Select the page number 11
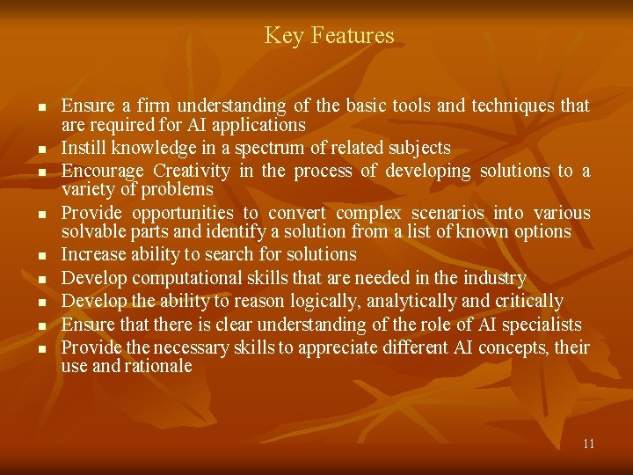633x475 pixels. tap(588, 443)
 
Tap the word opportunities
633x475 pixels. tap(183, 213)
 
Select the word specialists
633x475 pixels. tap(541, 325)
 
